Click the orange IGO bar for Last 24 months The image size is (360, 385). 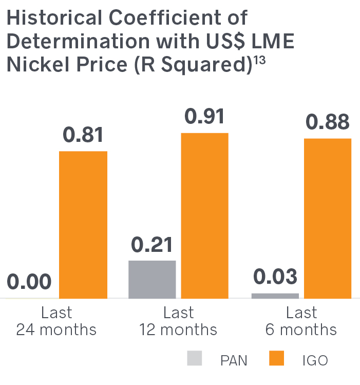point(83,225)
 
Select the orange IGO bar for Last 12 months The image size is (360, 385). point(204,215)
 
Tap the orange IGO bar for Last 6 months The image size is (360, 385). point(328,218)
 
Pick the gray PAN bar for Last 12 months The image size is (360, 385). point(152,279)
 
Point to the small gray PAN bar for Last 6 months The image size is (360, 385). point(275,296)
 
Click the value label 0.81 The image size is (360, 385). point(83,136)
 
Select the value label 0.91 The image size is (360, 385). point(204,117)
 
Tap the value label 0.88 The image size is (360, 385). point(328,123)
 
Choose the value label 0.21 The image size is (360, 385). point(152,245)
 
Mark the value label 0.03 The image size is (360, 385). point(275,277)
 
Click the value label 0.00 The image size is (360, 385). point(29,282)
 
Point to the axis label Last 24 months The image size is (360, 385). point(56,321)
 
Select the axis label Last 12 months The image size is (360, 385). point(179,321)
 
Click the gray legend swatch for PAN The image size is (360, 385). point(196,358)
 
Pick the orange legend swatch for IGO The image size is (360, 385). point(276,358)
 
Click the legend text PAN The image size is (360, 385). point(234,360)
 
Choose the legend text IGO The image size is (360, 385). point(315,360)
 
